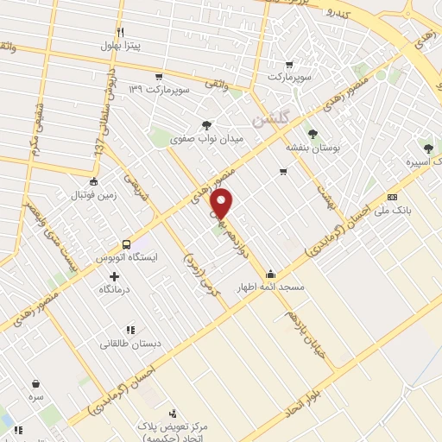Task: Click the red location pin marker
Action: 222,205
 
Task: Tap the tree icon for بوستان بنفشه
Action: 313,133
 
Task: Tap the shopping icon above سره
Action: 36,384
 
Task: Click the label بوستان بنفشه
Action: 313,148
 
